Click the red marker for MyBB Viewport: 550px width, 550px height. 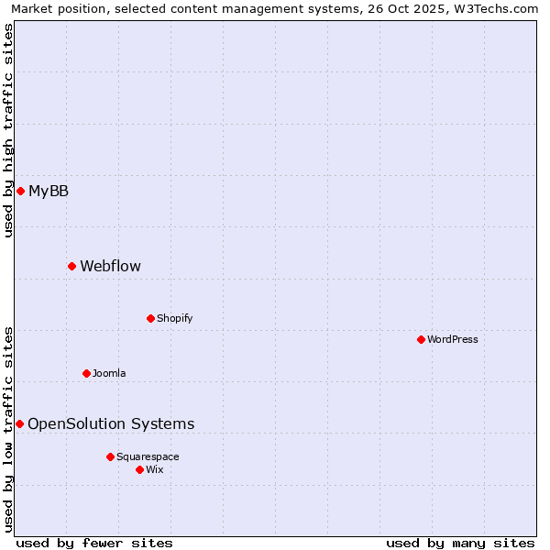point(20,191)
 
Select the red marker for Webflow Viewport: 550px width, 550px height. point(71,266)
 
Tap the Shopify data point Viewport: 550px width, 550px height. point(150,318)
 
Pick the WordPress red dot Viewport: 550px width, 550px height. point(421,339)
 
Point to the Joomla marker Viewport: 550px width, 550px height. point(86,373)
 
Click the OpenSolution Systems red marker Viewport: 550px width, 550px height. point(19,423)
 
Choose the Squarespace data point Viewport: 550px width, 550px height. point(110,456)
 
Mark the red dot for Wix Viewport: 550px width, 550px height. point(139,469)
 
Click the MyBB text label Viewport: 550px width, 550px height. point(49,191)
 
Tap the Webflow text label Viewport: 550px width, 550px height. point(110,266)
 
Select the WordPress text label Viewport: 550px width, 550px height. point(453,339)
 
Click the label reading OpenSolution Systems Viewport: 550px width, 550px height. point(111,423)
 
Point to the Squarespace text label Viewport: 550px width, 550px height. point(148,456)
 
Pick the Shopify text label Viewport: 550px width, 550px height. point(174,318)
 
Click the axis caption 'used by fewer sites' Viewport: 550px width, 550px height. point(94,543)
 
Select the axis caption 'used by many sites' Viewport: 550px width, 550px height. point(460,543)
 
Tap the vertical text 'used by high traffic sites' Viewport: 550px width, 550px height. point(8,130)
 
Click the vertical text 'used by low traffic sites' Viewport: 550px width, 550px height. point(8,428)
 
